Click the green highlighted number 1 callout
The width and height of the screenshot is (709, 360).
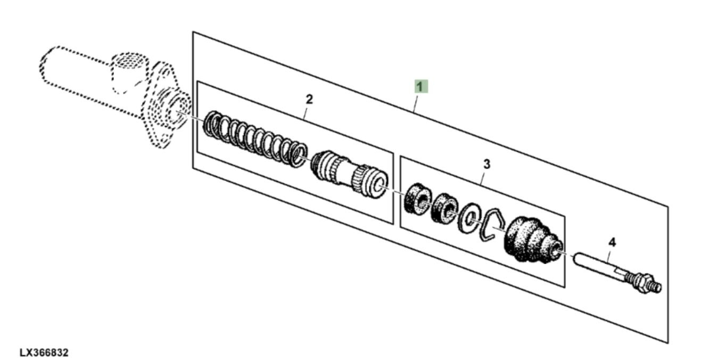(x=421, y=86)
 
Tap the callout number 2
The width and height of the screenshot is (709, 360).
(x=309, y=100)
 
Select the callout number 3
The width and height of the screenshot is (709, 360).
(x=487, y=165)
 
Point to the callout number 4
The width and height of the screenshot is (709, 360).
(x=612, y=242)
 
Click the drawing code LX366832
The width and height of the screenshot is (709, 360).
(x=44, y=353)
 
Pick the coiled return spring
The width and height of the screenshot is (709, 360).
(x=255, y=139)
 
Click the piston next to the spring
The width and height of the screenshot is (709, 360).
(x=349, y=175)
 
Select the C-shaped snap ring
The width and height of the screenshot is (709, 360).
(x=496, y=225)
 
